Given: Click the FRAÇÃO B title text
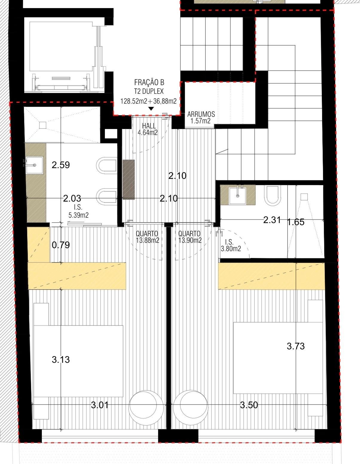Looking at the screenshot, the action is click(149, 82).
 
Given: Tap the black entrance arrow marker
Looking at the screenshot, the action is click(151, 109).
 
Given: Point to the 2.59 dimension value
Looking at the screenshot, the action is click(61, 165).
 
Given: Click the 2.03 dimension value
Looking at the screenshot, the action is click(72, 198).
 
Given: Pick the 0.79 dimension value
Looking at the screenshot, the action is click(61, 245).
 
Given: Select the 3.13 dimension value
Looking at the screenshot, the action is click(61, 360).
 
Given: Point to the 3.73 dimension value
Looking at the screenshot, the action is click(296, 346).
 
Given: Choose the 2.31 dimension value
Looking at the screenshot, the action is click(272, 220).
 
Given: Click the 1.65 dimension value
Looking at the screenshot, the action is click(296, 222).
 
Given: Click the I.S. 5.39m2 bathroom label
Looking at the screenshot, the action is click(78, 211).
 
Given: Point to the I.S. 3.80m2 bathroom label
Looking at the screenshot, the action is click(231, 245).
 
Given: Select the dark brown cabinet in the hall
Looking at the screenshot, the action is click(129, 179).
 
